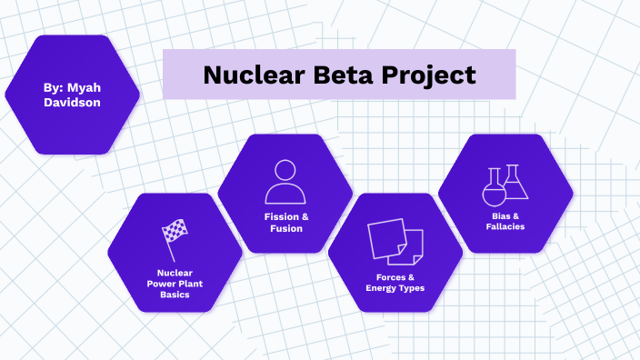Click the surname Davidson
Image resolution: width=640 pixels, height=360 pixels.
pos(72,103)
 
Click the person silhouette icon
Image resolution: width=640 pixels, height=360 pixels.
pos(285,182)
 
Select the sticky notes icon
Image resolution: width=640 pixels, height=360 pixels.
pos(395,241)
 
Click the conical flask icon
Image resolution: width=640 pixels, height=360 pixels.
pos(515,182)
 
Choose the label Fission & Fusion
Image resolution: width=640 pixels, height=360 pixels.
pos(285,223)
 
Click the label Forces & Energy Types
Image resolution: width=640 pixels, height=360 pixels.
pos(395,282)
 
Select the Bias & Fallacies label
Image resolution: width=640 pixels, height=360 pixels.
pos(505,221)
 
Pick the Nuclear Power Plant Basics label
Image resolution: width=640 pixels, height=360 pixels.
pos(175,283)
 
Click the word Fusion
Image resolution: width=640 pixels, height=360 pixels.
pos(285,229)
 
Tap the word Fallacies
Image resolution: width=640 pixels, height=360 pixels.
pos(505,226)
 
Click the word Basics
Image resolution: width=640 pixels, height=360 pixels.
pos(175,295)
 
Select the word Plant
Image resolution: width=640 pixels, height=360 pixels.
pos(193,283)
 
